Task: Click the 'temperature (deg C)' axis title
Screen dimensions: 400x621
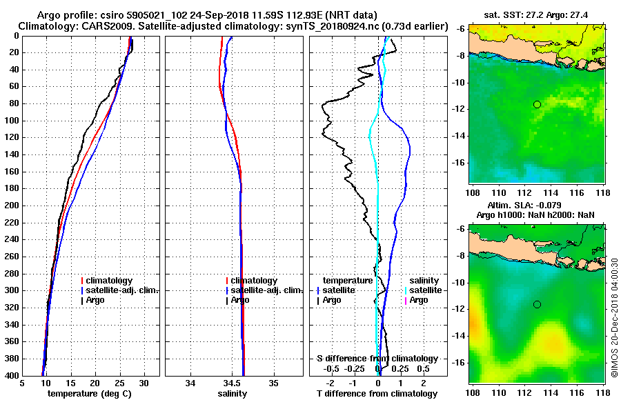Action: (89, 394)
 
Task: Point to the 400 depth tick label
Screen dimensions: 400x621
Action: (11, 375)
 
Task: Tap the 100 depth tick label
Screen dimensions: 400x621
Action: (11, 121)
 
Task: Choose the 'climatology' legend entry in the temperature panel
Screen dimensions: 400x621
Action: (110, 281)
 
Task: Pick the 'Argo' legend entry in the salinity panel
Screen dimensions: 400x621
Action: (241, 300)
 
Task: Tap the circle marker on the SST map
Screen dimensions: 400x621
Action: (537, 104)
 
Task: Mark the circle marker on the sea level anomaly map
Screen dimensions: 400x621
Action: (537, 304)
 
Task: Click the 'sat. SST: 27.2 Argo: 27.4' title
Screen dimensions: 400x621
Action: (535, 12)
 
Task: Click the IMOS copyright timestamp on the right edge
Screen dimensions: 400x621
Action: (614, 317)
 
